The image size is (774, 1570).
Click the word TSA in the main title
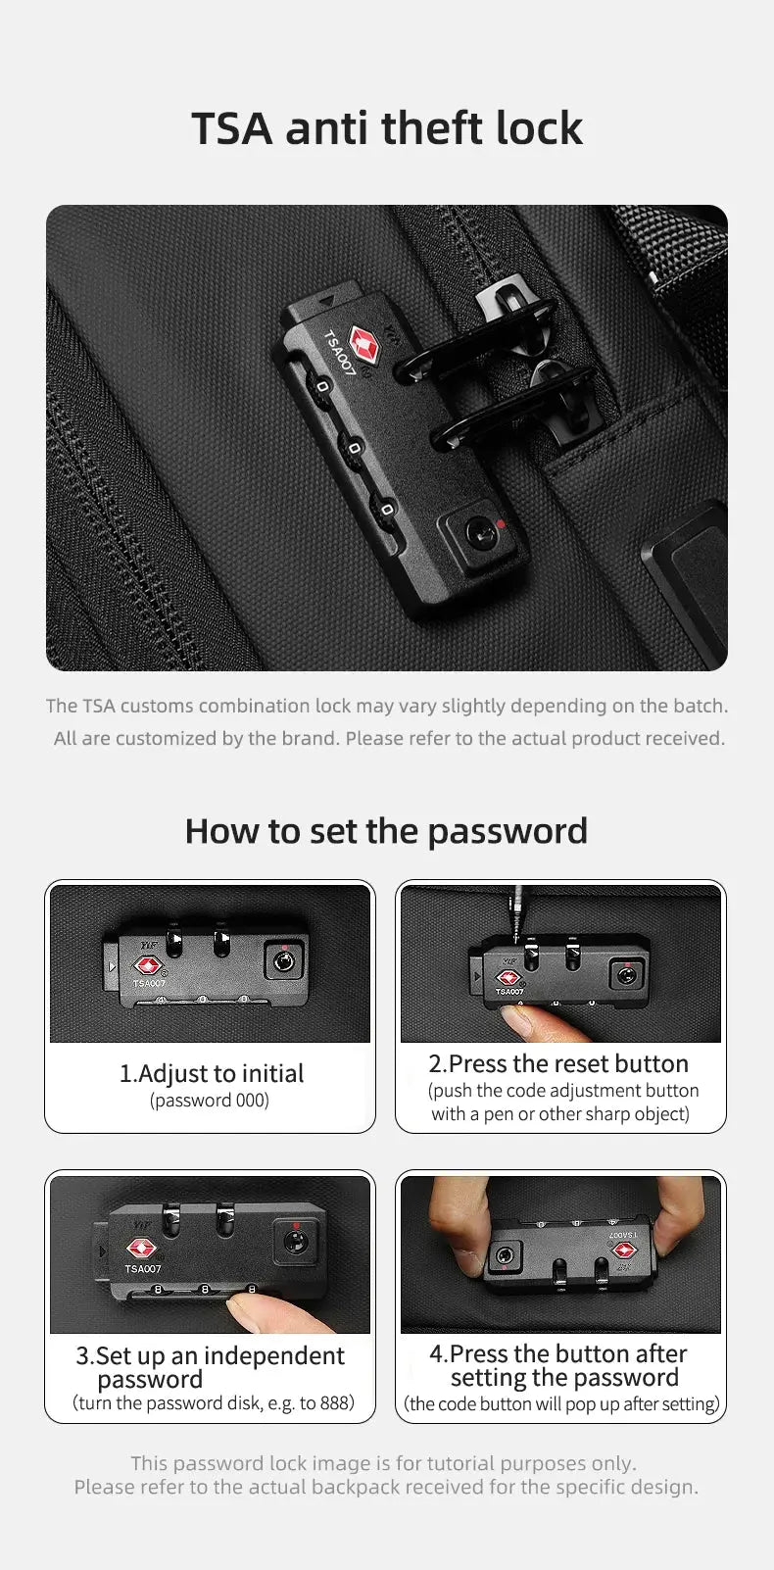[x=230, y=128]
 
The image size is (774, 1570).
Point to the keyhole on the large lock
[x=479, y=534]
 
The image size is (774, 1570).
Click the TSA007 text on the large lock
[x=339, y=355]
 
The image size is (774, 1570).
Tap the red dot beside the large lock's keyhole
[x=502, y=523]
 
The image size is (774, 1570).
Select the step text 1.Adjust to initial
[x=211, y=1073]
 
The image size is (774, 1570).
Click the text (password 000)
[x=210, y=1101]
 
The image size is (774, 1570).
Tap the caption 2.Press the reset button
[x=558, y=1063]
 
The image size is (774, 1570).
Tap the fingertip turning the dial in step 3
[x=245, y=1307]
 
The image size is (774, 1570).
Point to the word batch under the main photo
[x=699, y=706]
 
